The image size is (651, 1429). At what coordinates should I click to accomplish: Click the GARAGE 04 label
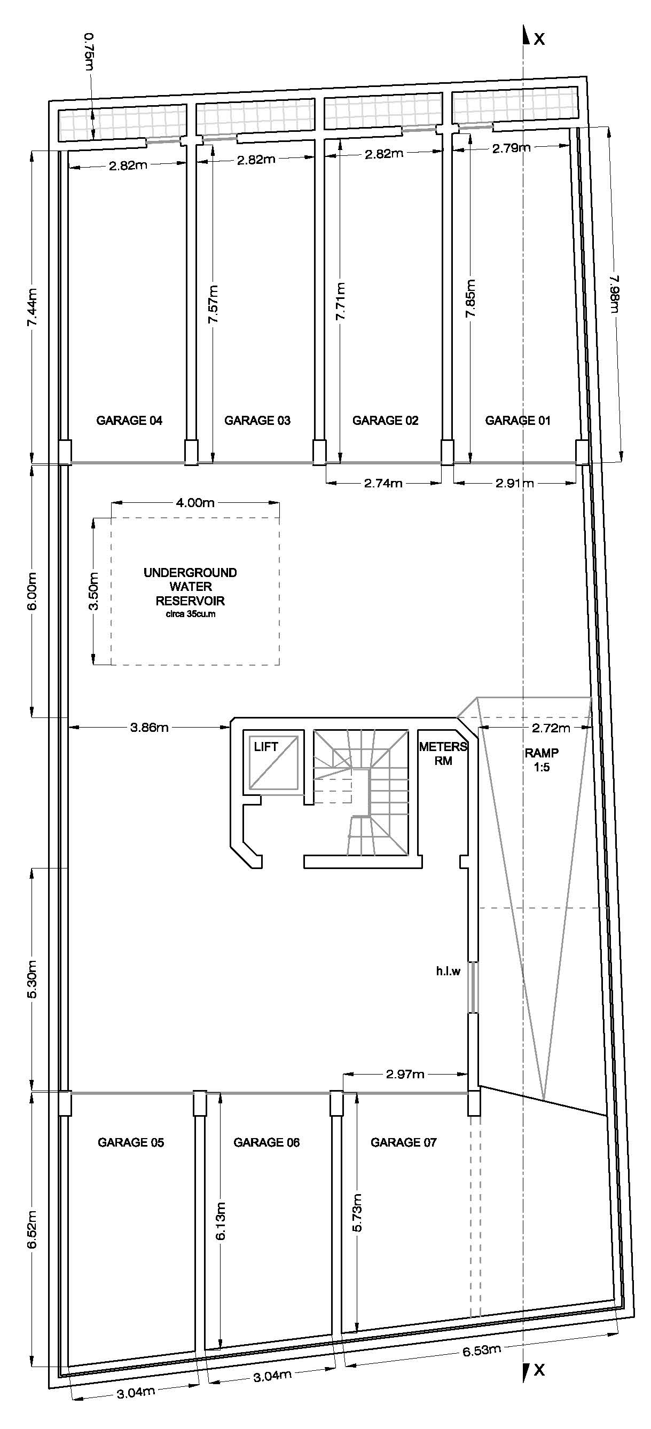click(129, 421)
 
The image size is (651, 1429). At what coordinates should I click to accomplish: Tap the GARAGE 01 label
click(517, 421)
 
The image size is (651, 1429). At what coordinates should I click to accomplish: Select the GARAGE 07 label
click(404, 1142)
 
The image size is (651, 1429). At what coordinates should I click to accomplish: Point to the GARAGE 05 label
click(130, 1142)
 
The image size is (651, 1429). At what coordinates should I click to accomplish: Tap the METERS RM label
click(442, 754)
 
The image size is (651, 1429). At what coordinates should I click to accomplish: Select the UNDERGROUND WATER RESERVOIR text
click(190, 588)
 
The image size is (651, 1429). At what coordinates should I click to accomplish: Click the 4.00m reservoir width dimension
click(195, 503)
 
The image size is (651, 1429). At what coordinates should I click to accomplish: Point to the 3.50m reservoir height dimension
click(95, 591)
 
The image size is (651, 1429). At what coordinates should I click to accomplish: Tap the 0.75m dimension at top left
click(89, 52)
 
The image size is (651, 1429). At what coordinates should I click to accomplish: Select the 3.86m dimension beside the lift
click(149, 727)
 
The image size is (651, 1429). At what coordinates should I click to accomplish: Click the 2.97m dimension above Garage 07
click(405, 1074)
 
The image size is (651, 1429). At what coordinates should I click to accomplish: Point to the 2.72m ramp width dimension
click(551, 728)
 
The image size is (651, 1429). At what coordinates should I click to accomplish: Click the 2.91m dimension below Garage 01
click(514, 483)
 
